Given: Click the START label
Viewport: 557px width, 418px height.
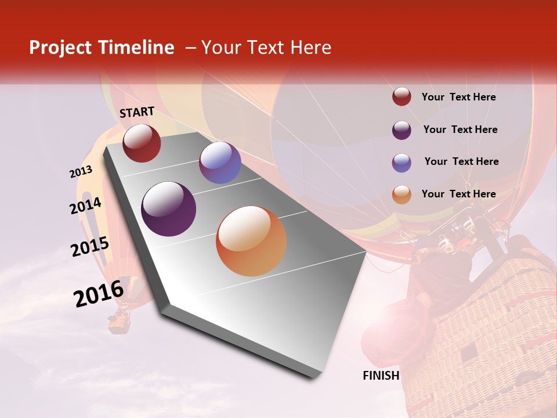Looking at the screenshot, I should click(137, 112).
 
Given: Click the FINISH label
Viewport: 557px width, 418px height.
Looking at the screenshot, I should click(381, 376).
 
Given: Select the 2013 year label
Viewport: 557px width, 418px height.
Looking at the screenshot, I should click(81, 172).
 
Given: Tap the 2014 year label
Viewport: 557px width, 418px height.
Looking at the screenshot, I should click(86, 206).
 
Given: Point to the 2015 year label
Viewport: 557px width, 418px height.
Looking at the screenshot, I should click(90, 247).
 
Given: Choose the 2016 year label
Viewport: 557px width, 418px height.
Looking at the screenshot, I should click(99, 293).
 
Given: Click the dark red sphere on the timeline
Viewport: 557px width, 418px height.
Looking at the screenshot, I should click(142, 143).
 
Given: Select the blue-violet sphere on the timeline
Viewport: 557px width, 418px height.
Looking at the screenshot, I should click(220, 163).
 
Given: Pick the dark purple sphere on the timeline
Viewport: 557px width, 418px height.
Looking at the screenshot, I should click(169, 209).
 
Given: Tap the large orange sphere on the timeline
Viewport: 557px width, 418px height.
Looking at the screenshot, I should click(251, 241).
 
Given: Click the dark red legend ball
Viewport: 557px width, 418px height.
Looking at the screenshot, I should click(402, 97).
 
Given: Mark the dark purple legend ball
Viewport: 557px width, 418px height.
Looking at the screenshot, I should click(402, 130).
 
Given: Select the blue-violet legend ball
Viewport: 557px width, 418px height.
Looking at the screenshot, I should click(402, 163).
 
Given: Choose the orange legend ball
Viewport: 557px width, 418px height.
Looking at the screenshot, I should click(402, 194).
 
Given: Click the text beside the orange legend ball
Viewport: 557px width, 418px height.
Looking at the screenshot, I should click(459, 194).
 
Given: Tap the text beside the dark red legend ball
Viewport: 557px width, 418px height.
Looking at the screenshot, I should click(459, 97).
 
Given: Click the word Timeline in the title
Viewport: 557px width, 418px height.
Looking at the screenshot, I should click(137, 48).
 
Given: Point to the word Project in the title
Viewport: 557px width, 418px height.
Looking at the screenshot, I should click(61, 48).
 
